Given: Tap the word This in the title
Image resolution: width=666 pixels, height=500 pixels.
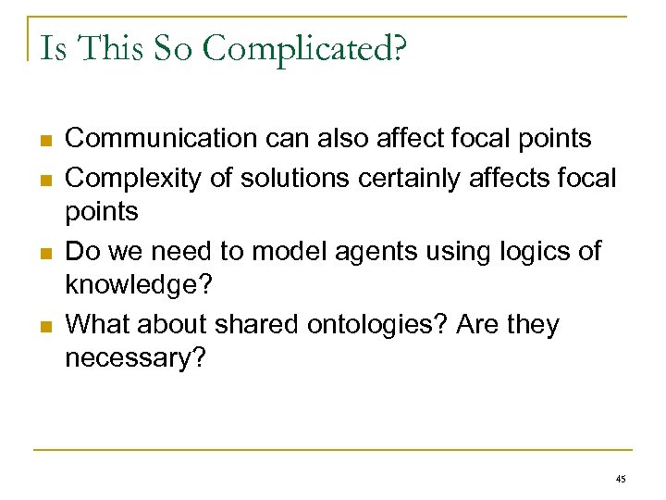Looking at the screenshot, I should tap(108, 47).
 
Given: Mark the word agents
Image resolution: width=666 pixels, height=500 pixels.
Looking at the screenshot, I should tap(351, 251).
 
